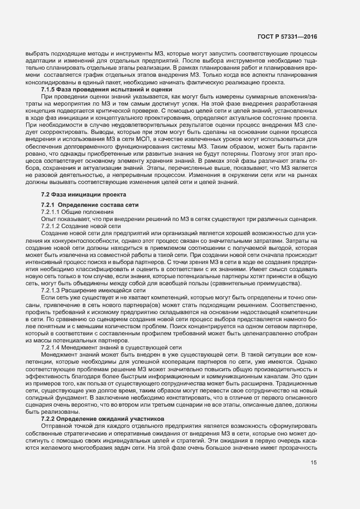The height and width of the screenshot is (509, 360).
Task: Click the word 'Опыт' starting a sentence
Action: [x=49, y=219]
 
